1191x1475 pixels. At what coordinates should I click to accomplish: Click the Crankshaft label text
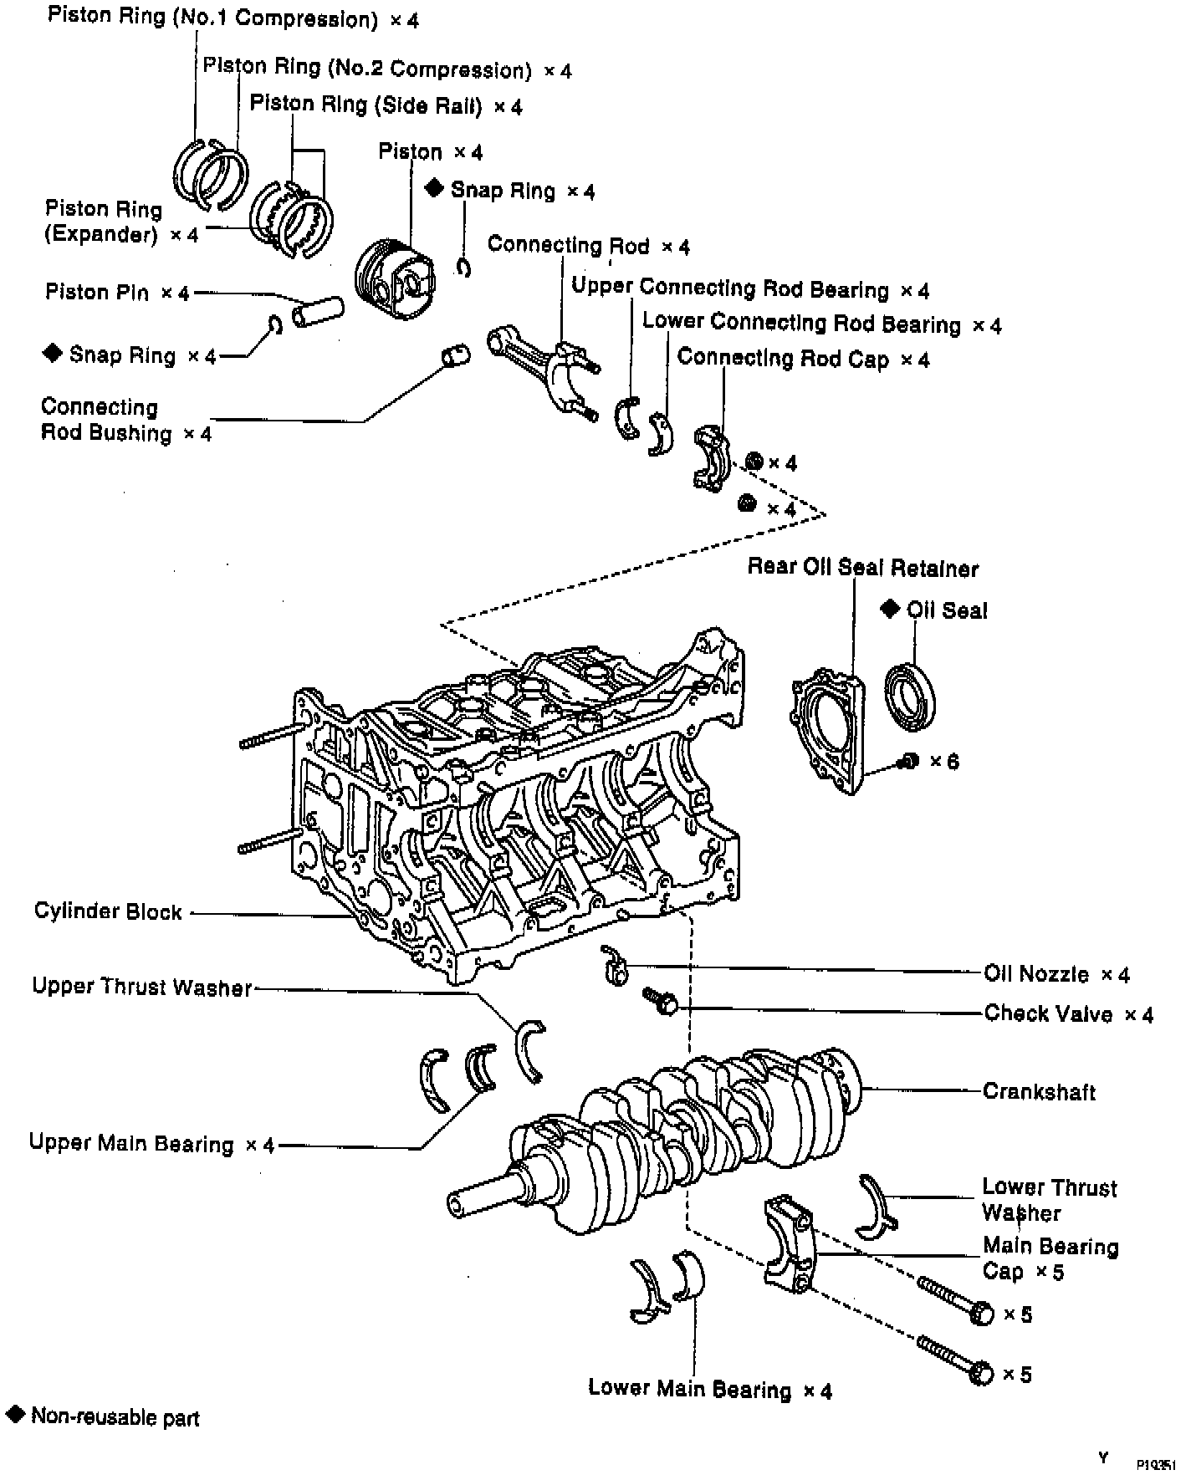[1038, 1091]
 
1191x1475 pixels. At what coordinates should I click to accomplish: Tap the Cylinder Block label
[108, 911]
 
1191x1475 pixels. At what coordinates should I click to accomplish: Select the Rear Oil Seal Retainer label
[862, 569]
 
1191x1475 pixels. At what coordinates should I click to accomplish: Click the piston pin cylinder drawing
[318, 310]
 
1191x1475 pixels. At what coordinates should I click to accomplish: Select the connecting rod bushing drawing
[455, 356]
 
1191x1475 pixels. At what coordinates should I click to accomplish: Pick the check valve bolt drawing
[660, 1000]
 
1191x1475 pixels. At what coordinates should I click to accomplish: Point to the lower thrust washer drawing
[875, 1205]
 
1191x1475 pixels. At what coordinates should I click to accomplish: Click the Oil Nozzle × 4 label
[1056, 974]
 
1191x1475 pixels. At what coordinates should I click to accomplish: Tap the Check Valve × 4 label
[1068, 1014]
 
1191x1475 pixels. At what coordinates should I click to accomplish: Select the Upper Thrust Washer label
[141, 988]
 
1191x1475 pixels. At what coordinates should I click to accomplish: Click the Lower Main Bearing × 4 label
[709, 1389]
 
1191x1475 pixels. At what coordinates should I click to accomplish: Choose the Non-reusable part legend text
[115, 1416]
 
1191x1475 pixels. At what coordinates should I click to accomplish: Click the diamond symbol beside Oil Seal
[889, 609]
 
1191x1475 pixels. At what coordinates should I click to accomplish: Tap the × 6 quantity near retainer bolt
[943, 761]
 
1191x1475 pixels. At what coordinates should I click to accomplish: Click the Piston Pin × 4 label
[117, 293]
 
